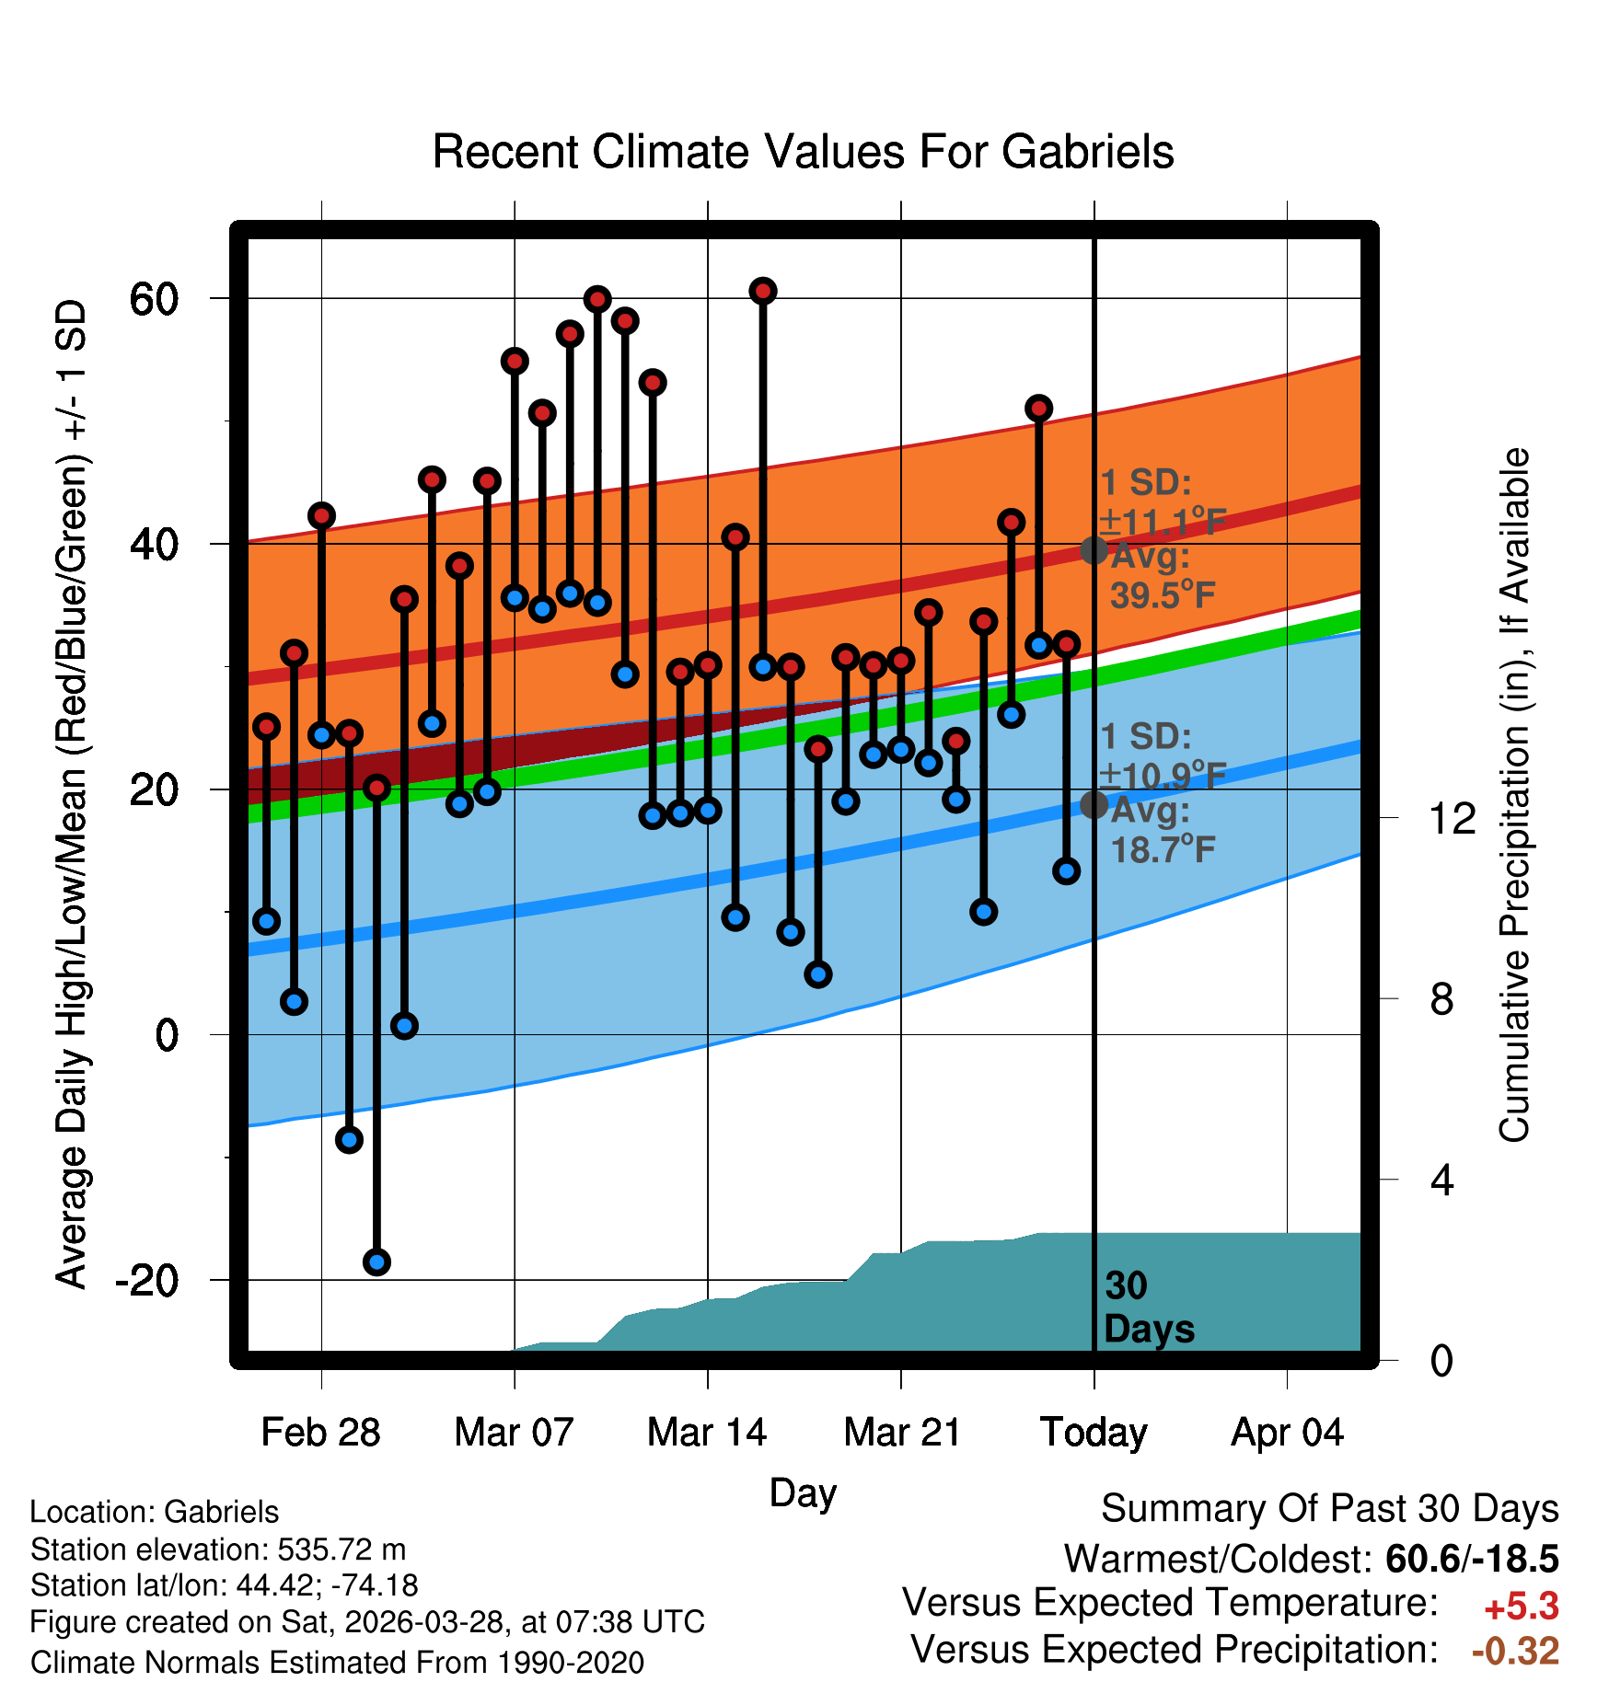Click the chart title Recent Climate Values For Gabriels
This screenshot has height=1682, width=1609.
tap(803, 152)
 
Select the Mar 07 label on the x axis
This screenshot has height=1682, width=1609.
tap(514, 1432)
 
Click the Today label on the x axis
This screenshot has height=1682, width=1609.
tap(1094, 1433)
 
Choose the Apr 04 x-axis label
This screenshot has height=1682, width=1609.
tap(1287, 1433)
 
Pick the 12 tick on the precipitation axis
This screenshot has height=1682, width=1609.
tap(1453, 818)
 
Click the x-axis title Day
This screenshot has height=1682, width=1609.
tap(803, 1493)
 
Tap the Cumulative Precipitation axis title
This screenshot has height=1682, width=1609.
tap(1514, 795)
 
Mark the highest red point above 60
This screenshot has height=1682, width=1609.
tap(763, 291)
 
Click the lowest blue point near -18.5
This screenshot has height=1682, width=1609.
tap(376, 1261)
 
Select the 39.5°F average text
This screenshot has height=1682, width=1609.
tap(1163, 595)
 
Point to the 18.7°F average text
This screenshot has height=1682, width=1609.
tap(1163, 849)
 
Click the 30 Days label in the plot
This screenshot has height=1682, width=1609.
tap(1149, 1308)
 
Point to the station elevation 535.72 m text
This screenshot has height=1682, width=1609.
tap(218, 1550)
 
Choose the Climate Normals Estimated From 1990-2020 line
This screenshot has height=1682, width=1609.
tap(337, 1663)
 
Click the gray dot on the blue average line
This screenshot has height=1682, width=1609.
tap(1094, 804)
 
